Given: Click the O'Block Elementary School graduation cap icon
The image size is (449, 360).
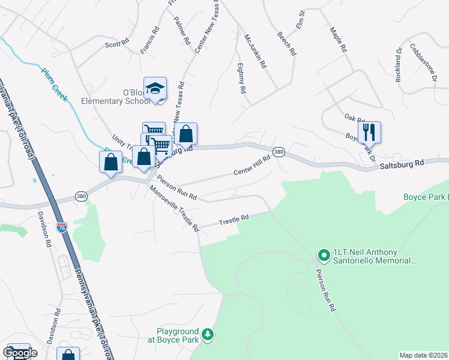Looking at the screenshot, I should [x=155, y=88].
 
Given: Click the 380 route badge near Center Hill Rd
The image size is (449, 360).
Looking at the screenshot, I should [x=279, y=152].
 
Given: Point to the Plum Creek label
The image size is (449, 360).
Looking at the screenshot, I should [x=54, y=84].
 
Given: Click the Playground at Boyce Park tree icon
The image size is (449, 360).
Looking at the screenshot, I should [x=207, y=334].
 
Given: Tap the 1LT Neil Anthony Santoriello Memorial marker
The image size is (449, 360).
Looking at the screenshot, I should [x=324, y=256].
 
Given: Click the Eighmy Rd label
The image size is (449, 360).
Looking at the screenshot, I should [x=241, y=78].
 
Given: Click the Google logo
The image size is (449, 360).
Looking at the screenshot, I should [x=20, y=353].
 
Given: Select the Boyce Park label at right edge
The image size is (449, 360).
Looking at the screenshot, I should [x=426, y=197].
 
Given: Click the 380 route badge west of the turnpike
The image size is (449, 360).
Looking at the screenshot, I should [x=81, y=196].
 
